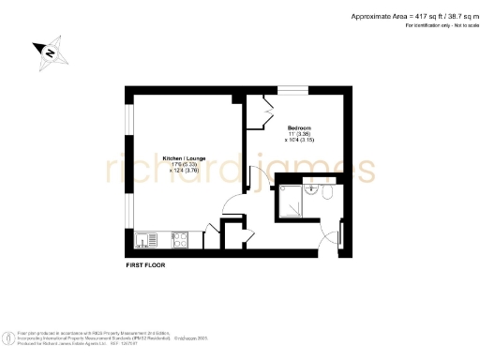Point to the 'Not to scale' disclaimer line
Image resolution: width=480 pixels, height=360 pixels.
[x=435, y=25]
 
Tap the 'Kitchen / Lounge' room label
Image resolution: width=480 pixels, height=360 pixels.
[x=180, y=157]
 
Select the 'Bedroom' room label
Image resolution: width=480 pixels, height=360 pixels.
[x=299, y=127]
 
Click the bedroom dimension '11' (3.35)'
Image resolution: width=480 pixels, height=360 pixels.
[x=299, y=134]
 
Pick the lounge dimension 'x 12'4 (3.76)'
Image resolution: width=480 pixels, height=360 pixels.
[x=180, y=171]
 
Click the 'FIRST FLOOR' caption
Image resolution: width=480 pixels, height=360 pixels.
[x=147, y=267]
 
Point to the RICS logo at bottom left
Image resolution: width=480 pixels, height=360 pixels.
[x=11, y=336]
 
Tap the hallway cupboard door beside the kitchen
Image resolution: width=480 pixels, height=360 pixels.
[x=212, y=231]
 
